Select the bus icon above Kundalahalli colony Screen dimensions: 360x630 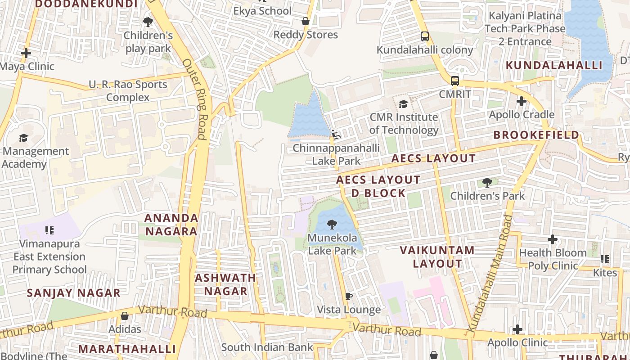[x=424, y=36]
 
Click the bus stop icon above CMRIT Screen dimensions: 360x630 [x=455, y=81]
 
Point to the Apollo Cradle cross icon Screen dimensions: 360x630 [x=521, y=101]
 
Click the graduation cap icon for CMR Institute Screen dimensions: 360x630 [x=403, y=104]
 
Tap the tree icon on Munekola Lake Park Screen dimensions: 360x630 [x=332, y=224]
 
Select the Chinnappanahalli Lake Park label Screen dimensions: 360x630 [x=336, y=154]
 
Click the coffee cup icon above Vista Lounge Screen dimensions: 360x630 [x=348, y=296]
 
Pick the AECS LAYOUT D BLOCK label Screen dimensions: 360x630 [x=378, y=187]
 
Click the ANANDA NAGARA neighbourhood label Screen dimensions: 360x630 [x=171, y=225]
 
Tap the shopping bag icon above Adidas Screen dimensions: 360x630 [x=125, y=316]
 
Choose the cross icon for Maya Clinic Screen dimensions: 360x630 [x=26, y=53]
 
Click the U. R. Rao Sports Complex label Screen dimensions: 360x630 [x=128, y=91]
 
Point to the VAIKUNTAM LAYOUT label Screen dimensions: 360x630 [x=437, y=257]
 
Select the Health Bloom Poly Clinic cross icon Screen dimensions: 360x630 [x=553, y=239]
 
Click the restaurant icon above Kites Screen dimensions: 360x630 [x=605, y=259]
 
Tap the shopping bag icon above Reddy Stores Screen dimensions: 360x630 [x=306, y=21]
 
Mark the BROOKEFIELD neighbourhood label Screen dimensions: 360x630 [x=536, y=135]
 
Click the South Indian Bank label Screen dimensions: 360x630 [x=267, y=347]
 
